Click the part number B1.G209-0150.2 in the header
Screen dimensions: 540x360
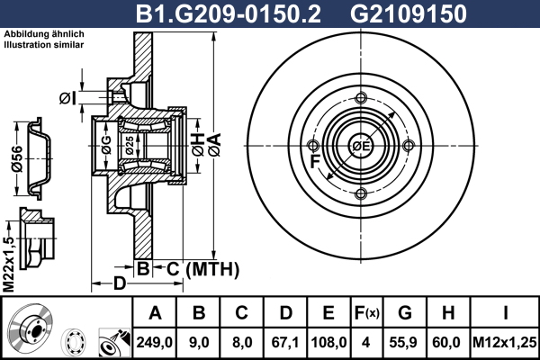point(229,13)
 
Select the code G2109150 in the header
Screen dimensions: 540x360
point(408,13)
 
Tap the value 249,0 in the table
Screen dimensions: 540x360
point(154,342)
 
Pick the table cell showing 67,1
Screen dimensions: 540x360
point(284,342)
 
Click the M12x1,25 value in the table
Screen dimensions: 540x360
point(505,342)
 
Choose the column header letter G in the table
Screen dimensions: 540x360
point(405,313)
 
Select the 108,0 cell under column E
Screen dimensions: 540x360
point(328,342)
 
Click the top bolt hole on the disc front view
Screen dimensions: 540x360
point(361,98)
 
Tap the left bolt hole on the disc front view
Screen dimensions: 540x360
point(312,146)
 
